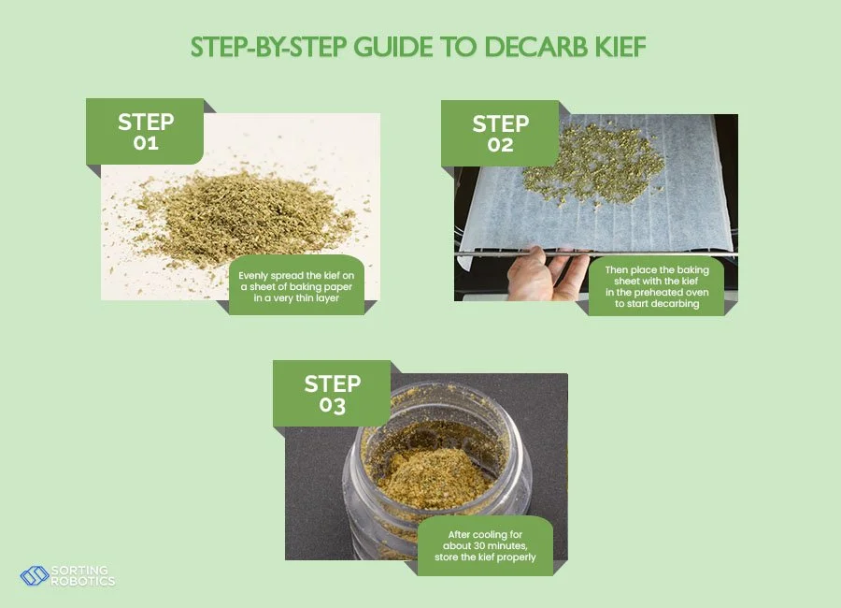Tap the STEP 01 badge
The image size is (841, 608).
[x=146, y=132]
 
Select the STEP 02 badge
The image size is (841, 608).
[x=500, y=134]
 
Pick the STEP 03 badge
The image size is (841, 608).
[x=332, y=394]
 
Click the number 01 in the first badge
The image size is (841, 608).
[x=146, y=143]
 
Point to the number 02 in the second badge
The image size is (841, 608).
[x=500, y=145]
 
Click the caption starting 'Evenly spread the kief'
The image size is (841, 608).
[x=296, y=284]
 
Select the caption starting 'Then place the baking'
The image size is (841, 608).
[x=656, y=286]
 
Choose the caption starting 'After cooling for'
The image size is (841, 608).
[x=485, y=546]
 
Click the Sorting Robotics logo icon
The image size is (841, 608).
[x=34, y=575]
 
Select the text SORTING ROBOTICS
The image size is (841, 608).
[x=82, y=575]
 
